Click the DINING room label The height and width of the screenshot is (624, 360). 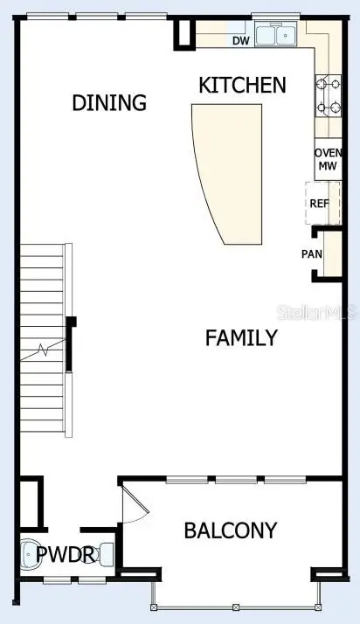[x=108, y=102]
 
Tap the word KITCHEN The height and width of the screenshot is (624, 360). [x=242, y=85]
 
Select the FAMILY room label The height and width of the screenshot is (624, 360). [x=241, y=337]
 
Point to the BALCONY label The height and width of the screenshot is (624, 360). [x=230, y=530]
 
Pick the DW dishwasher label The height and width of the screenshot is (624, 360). [x=239, y=40]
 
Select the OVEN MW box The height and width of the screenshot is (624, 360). [x=327, y=159]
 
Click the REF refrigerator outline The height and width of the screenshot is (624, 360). [x=322, y=203]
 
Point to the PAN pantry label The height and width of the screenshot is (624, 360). [x=311, y=254]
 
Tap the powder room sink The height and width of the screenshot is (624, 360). [x=107, y=554]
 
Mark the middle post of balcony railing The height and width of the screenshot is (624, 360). [x=237, y=607]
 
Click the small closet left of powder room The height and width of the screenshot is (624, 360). [x=29, y=500]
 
